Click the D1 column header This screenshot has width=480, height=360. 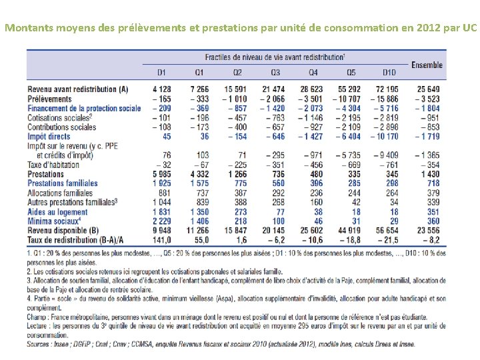click(161, 72)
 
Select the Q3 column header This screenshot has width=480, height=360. click(275, 72)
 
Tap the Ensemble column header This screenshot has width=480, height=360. click(427, 65)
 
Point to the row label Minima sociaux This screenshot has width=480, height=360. click(55, 221)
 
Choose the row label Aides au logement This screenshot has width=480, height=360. click(58, 211)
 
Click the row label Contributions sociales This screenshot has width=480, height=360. click(62, 127)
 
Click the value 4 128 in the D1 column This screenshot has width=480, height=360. click(161, 89)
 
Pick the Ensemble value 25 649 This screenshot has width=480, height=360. click(428, 89)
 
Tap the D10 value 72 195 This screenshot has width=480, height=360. click(389, 89)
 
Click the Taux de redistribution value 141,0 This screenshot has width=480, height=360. click(161, 239)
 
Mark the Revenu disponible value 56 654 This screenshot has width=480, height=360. click(389, 230)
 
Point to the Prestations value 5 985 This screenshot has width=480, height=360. click(161, 174)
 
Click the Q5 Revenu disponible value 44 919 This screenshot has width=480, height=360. click(351, 230)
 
